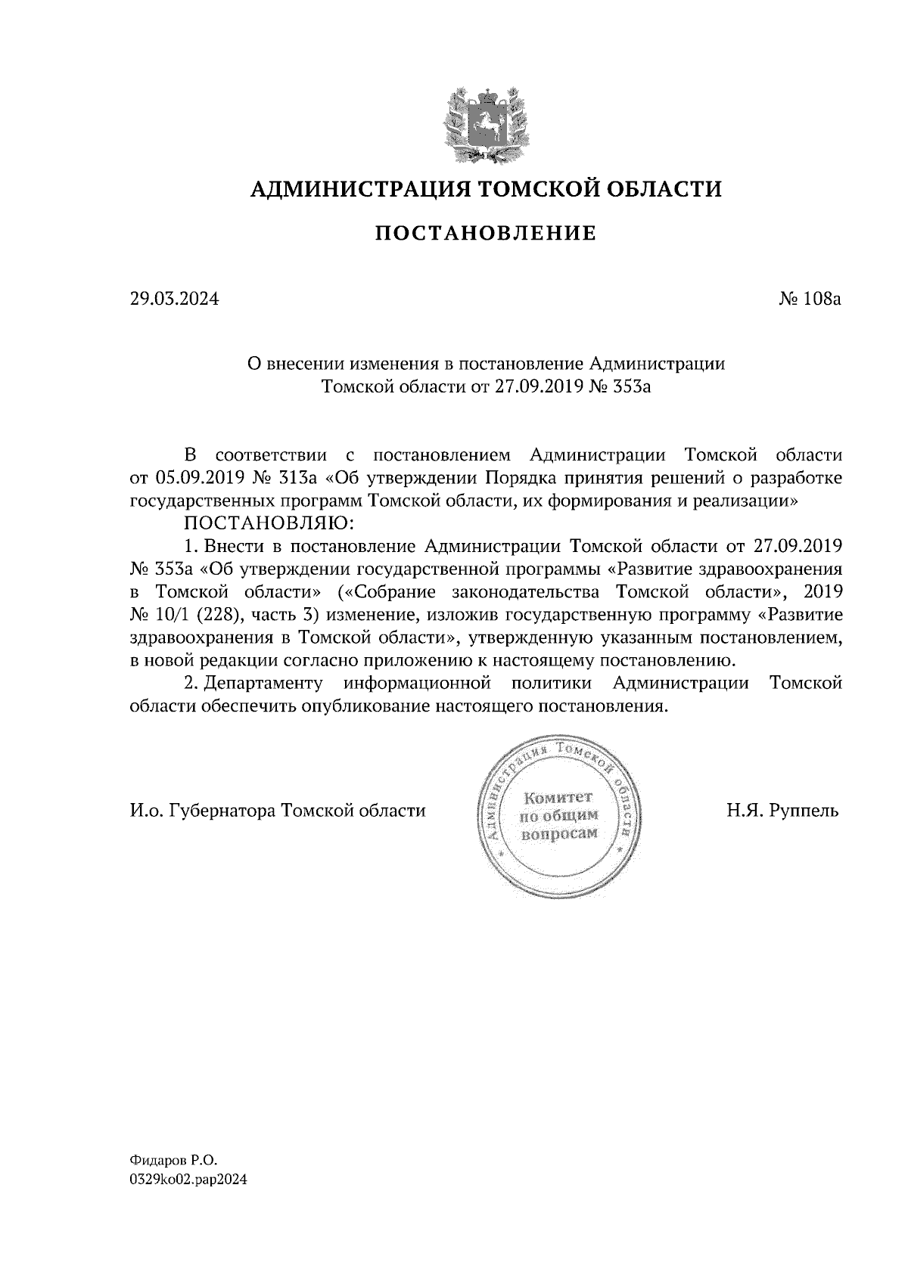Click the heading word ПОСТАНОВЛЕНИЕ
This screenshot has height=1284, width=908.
485,233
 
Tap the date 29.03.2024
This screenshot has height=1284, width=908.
173,299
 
